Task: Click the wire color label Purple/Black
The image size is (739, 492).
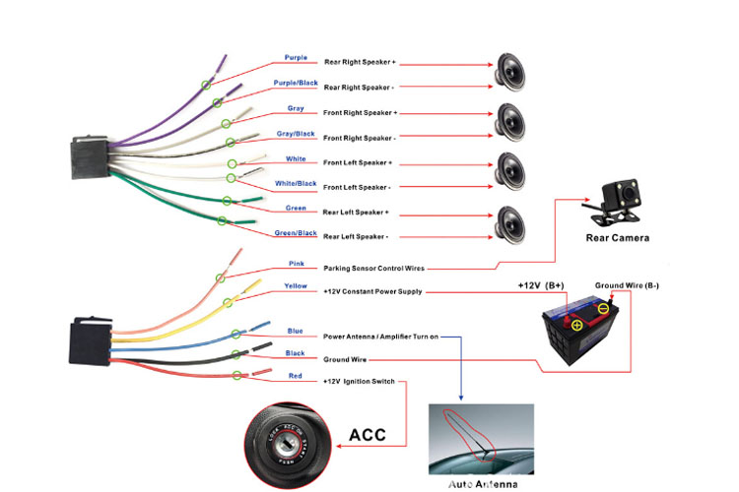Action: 296,83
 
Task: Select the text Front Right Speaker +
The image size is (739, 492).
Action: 360,113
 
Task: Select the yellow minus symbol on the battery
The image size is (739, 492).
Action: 603,308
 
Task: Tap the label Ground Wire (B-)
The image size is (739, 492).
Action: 627,285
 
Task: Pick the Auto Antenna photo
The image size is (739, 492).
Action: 481,440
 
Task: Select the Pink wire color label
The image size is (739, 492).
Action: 296,264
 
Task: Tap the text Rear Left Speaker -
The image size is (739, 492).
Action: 356,236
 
